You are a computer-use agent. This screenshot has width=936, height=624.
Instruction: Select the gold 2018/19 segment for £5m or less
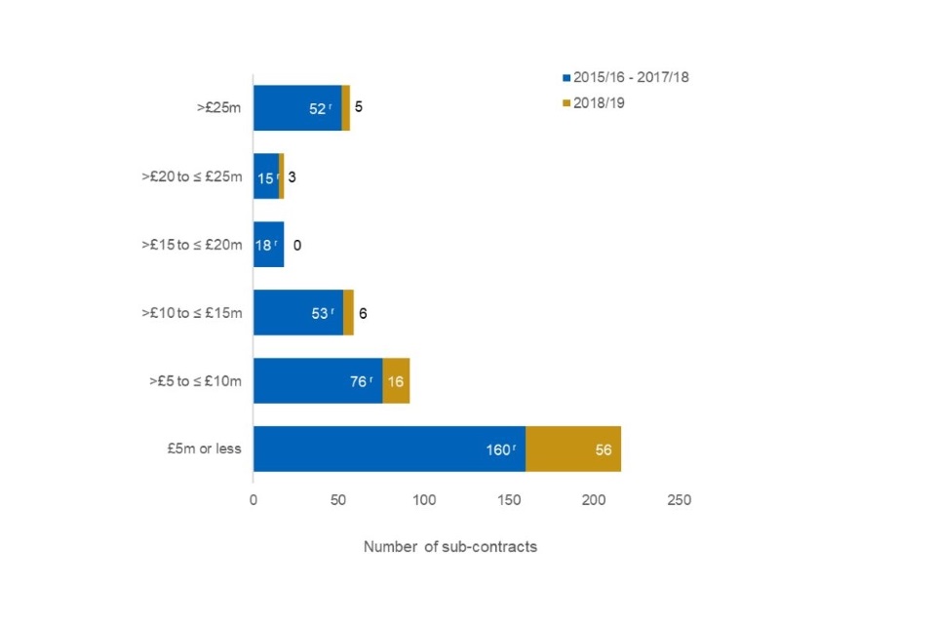coord(573,449)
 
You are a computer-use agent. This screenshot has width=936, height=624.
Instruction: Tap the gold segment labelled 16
coord(396,381)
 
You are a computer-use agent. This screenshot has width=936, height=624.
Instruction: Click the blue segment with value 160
coord(389,449)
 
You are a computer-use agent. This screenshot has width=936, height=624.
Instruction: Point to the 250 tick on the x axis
coord(679,501)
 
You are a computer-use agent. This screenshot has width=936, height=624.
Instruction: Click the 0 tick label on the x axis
coord(253,501)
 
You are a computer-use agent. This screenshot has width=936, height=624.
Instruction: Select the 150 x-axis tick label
coord(509,501)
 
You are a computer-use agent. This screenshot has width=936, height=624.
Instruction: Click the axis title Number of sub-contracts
coord(450,547)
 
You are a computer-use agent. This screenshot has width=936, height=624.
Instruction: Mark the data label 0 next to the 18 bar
coord(296,245)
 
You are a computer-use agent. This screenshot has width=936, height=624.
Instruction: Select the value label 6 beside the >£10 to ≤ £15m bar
coord(363,313)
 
